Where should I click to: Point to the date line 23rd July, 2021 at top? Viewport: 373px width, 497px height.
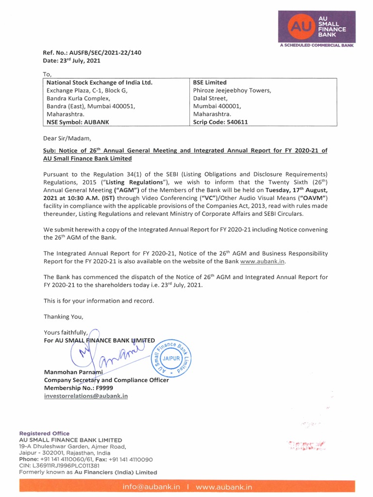click(x=71, y=60)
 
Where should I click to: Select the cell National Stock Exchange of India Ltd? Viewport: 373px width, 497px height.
click(x=99, y=83)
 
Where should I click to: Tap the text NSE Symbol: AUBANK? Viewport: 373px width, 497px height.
click(x=78, y=122)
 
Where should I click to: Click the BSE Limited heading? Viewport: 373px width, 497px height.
click(x=210, y=83)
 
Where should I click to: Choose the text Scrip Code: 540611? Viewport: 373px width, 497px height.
click(x=220, y=122)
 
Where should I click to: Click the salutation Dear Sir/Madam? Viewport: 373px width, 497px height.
click(x=67, y=138)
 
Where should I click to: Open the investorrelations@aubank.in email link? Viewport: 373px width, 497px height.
click(x=86, y=396)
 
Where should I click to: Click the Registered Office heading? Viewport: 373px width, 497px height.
click(x=44, y=433)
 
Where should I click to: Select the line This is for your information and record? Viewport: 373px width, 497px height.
click(x=99, y=301)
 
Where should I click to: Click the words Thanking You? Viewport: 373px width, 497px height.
click(x=64, y=316)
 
